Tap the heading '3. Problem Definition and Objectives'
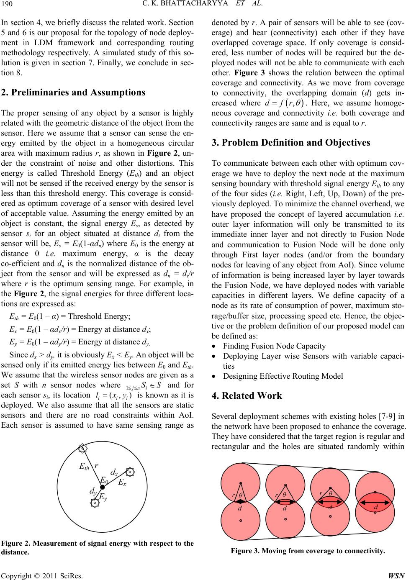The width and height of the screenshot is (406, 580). [x=291, y=142]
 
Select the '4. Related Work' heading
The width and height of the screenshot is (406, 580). [x=247, y=396]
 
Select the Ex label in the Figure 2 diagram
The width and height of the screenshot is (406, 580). [x=122, y=482]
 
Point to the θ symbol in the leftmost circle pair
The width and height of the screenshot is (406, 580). [x=241, y=495]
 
